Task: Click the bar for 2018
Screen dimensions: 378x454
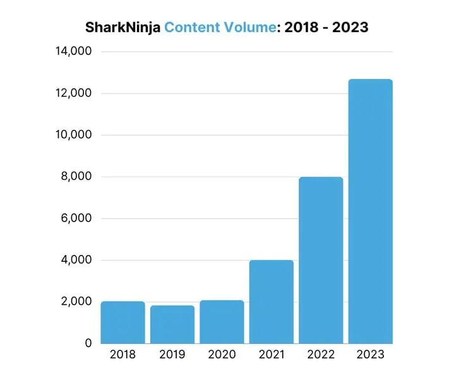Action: coord(122,322)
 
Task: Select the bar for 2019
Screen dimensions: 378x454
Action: coord(172,324)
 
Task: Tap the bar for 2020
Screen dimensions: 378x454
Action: coord(222,322)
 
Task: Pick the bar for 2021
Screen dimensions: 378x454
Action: coord(271,302)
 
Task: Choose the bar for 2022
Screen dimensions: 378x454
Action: coord(321,260)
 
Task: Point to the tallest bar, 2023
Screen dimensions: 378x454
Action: coord(370,211)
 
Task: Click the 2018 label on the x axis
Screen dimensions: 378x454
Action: coord(122,355)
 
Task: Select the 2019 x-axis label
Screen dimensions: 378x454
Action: coord(172,355)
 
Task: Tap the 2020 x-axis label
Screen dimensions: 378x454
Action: coord(222,355)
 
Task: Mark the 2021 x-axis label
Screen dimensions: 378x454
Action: coord(271,355)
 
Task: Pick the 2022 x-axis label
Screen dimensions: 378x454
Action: coord(321,355)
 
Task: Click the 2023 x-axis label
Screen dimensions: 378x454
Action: coord(370,355)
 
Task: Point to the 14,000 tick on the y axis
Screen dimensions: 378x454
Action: coord(74,51)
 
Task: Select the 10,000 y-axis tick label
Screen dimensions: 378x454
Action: coord(74,134)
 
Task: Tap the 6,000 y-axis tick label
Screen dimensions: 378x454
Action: coord(76,218)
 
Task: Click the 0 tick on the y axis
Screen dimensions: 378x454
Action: coord(88,343)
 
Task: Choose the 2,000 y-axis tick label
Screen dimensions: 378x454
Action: coord(76,302)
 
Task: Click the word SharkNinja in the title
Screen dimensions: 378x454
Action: coord(122,28)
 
